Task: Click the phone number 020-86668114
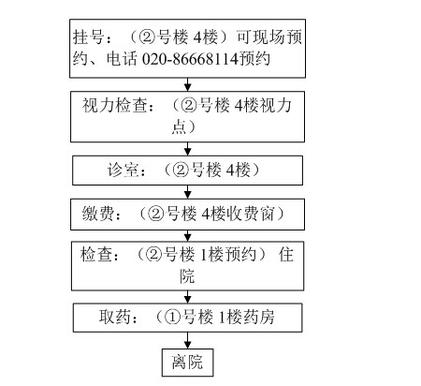190,59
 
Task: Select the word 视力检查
114,105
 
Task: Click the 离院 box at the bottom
187,363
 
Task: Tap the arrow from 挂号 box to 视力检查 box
187,84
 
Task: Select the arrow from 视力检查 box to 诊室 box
187,149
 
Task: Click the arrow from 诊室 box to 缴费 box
187,192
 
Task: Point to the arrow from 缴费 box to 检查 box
187,235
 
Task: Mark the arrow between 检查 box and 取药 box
187,297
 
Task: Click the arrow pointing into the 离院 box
187,340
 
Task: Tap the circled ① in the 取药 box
172,318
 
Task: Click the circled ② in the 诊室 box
181,171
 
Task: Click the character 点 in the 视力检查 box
180,126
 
